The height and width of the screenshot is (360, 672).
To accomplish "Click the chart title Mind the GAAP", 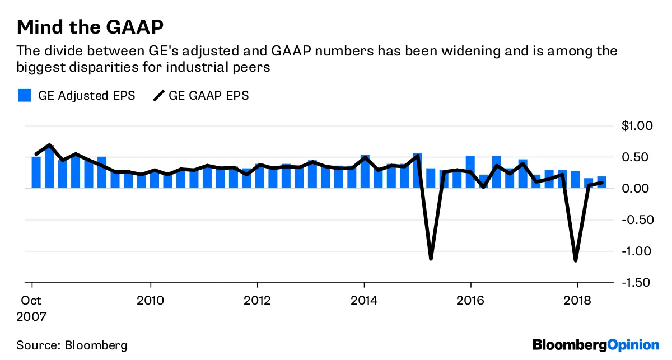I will coord(90,26).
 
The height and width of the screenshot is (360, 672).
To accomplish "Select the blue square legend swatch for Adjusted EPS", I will coord(24,95).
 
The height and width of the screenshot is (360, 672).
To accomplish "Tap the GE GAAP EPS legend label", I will coord(208,95).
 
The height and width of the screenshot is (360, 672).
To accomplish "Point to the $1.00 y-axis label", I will coord(637,126).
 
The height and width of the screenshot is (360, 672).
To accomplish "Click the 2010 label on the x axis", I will coord(150,300).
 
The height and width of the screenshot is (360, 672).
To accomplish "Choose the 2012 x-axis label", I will coord(257,300).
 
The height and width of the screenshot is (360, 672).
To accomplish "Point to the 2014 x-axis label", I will coord(364,300).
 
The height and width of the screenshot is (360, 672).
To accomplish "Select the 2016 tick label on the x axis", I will coord(471,300).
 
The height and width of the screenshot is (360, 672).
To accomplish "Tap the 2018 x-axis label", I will coord(577,300).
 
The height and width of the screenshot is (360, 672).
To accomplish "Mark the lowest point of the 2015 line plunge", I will coord(431,259).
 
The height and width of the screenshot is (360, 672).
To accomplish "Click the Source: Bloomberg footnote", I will coord(72,344).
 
